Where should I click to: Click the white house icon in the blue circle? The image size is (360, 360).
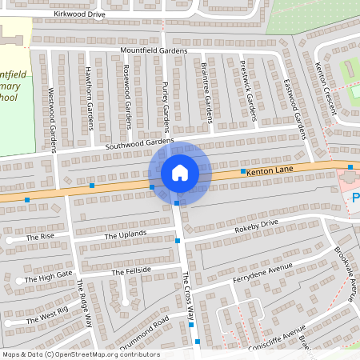180,173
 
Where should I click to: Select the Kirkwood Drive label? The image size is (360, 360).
80,14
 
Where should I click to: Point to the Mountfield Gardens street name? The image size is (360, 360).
154,50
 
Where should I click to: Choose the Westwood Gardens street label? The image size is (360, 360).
52,110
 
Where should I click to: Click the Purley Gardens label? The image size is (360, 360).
166,106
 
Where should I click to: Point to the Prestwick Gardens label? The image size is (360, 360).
250,97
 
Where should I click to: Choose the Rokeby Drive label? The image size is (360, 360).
256,227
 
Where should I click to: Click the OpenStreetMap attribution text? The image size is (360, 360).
80,354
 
